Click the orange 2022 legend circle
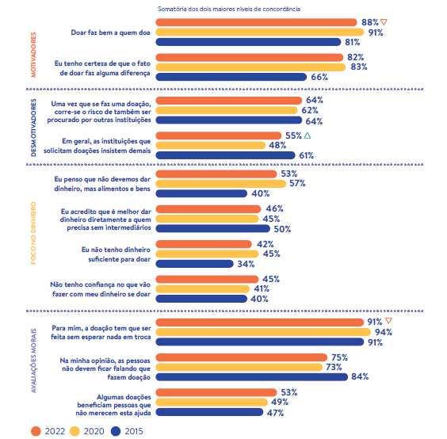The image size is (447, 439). point(36,431)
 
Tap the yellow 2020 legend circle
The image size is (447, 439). point(74,431)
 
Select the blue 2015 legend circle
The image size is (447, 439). point(116,431)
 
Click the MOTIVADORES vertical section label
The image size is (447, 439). point(33,55)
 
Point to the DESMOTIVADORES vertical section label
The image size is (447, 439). point(33,128)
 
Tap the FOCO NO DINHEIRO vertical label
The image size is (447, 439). point(33,233)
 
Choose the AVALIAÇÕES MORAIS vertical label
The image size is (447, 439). point(33,361)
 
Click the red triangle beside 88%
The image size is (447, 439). point(384,21)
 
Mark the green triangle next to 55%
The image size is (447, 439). point(308,136)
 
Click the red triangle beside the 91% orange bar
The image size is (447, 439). point(388,321)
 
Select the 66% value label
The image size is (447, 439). point(319,77)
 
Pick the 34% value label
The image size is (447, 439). point(246,264)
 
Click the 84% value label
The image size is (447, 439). point(360,376)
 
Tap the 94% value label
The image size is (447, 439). point(384,332)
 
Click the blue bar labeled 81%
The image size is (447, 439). point(248,42)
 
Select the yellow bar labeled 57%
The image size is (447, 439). point(220,184)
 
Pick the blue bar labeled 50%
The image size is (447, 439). point(212,228)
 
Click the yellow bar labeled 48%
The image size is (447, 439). point(210,145)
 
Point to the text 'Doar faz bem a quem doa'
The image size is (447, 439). point(110,32)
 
